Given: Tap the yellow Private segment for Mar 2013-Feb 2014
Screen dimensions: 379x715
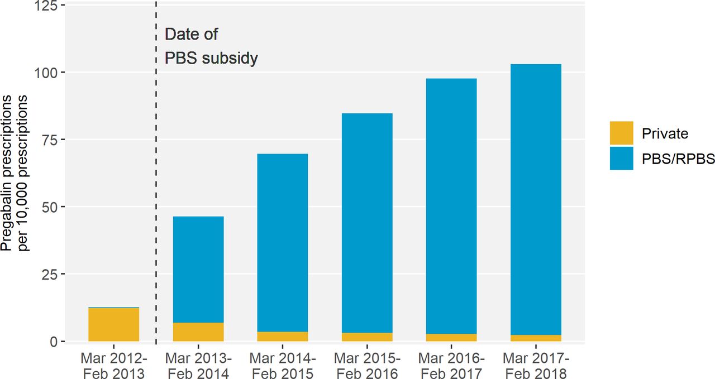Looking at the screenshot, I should point(198,332).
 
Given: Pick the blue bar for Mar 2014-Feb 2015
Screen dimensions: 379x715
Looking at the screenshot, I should point(283,242).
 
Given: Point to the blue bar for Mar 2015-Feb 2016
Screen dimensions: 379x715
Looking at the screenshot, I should point(367,223).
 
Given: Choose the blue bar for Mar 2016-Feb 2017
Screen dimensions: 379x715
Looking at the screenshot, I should point(451,206).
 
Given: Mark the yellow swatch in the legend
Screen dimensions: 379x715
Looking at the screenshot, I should point(622,133).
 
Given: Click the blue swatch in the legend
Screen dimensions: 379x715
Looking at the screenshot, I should point(622,159).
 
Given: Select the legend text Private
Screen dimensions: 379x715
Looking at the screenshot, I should point(665,133).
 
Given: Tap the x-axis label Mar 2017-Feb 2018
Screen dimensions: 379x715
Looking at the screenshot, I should point(536,366).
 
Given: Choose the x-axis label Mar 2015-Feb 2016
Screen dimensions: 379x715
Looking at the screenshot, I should point(367,366).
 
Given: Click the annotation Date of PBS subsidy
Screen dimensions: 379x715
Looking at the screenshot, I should point(211,46).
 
